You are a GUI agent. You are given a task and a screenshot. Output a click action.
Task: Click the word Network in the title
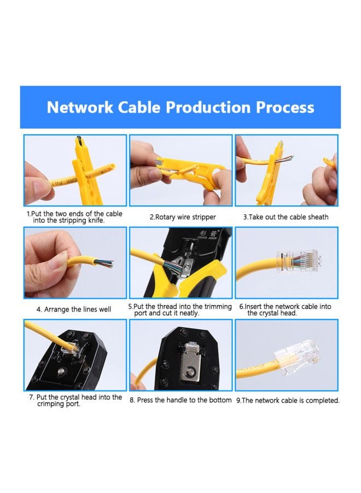(79, 107)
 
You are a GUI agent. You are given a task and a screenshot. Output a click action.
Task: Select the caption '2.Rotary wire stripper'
(183, 217)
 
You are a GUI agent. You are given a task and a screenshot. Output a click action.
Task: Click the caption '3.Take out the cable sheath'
(286, 217)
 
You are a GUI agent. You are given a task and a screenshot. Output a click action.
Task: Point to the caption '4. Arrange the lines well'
(74, 309)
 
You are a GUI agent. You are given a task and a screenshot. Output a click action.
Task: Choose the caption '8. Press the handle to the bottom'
(180, 400)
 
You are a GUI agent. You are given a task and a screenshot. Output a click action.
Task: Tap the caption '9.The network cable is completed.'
(288, 400)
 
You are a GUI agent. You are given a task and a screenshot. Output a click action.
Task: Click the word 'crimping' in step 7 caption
(51, 404)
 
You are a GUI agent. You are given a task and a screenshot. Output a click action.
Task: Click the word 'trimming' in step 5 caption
(217, 307)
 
